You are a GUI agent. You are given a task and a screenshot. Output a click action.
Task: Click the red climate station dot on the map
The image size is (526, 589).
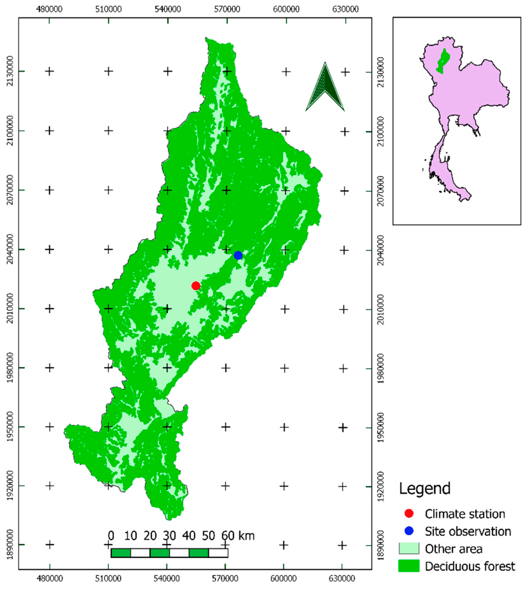click(x=196, y=286)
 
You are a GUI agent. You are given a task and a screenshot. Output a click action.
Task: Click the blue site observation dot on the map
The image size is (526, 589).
click(x=238, y=255)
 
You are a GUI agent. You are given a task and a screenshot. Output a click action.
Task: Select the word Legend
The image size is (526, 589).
click(x=425, y=489)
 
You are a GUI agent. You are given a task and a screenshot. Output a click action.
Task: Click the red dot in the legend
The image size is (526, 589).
click(x=409, y=513)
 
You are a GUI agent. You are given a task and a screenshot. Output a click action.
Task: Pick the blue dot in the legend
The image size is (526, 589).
click(x=409, y=531)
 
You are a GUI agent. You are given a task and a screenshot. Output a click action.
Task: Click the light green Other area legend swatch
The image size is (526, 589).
click(x=409, y=548)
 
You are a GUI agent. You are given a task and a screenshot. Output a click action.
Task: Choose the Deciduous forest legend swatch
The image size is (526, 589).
click(x=409, y=566)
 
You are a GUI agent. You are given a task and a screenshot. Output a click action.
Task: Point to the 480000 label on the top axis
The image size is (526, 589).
click(x=49, y=9)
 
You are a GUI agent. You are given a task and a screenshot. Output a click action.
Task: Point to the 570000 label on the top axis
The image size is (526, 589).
click(x=227, y=9)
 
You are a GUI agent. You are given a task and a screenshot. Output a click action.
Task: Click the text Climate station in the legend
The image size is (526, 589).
click(x=465, y=514)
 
